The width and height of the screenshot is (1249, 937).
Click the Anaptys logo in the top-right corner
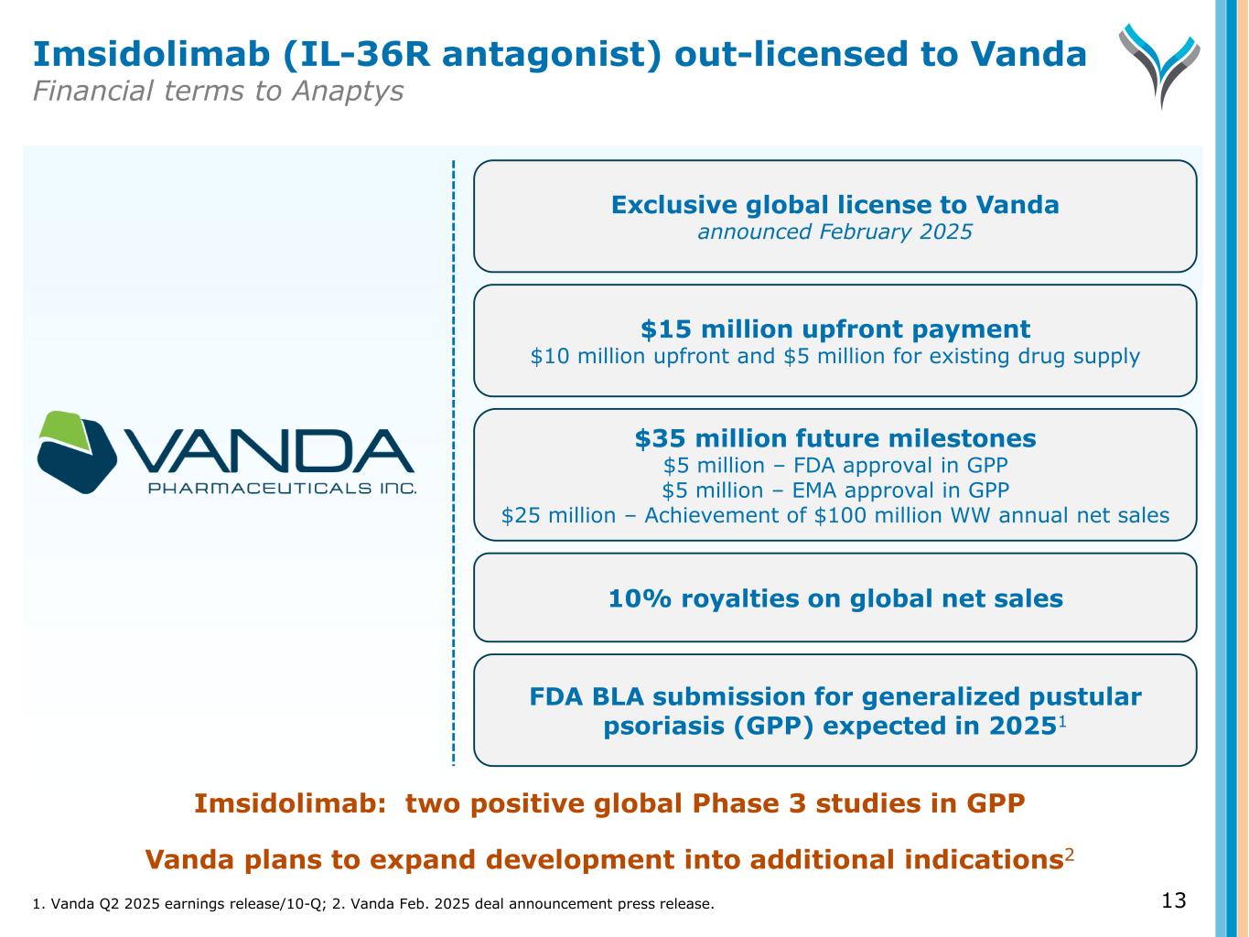(1158, 65)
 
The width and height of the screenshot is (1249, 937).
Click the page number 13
(1173, 900)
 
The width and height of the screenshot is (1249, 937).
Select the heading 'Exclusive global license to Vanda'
(834, 204)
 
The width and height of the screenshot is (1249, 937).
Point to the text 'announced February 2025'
(834, 232)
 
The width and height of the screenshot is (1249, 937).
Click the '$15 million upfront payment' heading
(834, 328)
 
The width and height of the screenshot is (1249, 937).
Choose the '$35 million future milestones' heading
(834, 438)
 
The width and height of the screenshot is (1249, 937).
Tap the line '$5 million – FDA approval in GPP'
(834, 465)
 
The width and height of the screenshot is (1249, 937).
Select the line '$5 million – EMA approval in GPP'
(834, 490)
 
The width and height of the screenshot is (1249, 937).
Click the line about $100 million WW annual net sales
(834, 515)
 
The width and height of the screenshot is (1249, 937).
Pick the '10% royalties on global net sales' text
(834, 598)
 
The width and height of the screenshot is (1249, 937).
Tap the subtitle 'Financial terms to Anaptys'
(218, 92)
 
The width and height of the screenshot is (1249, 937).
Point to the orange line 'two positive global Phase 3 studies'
(609, 803)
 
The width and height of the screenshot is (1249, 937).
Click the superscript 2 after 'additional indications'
(1069, 855)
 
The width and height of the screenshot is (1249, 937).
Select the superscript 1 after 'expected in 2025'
(1062, 721)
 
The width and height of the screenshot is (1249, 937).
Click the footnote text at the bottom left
(372, 904)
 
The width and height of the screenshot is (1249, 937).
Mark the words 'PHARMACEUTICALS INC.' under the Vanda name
(282, 488)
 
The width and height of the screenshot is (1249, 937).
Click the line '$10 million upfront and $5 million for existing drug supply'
(834, 356)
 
